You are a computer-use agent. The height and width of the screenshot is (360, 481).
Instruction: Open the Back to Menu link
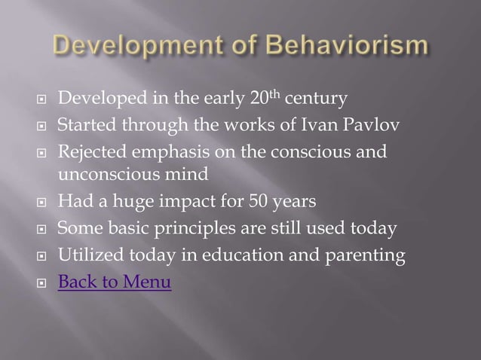[x=115, y=282]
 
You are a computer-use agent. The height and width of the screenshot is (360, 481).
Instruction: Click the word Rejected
[x=89, y=153]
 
